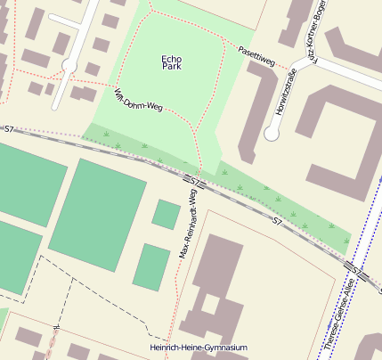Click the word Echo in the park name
(171, 59)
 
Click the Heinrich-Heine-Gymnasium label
(199, 348)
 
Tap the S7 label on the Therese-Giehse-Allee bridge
(355, 269)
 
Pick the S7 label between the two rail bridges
(278, 220)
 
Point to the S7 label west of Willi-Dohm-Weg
(9, 129)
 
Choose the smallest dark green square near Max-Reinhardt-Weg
(166, 214)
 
